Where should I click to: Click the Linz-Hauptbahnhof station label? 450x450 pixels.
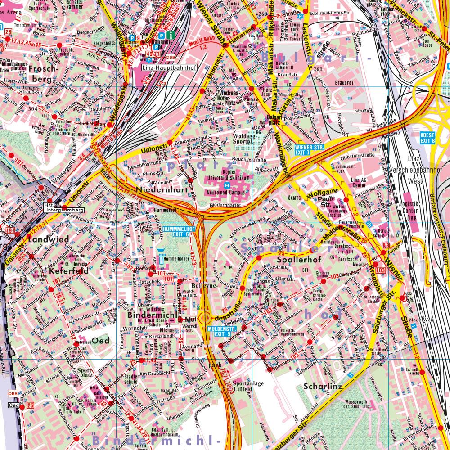pos(163,68)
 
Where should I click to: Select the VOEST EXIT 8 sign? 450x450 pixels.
pos(427,137)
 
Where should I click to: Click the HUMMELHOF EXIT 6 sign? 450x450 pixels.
pos(176,231)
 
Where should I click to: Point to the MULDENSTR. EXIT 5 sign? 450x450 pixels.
pos(219,332)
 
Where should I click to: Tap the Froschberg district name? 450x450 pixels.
pos(41,74)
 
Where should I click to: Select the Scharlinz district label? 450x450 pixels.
pos(324,386)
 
